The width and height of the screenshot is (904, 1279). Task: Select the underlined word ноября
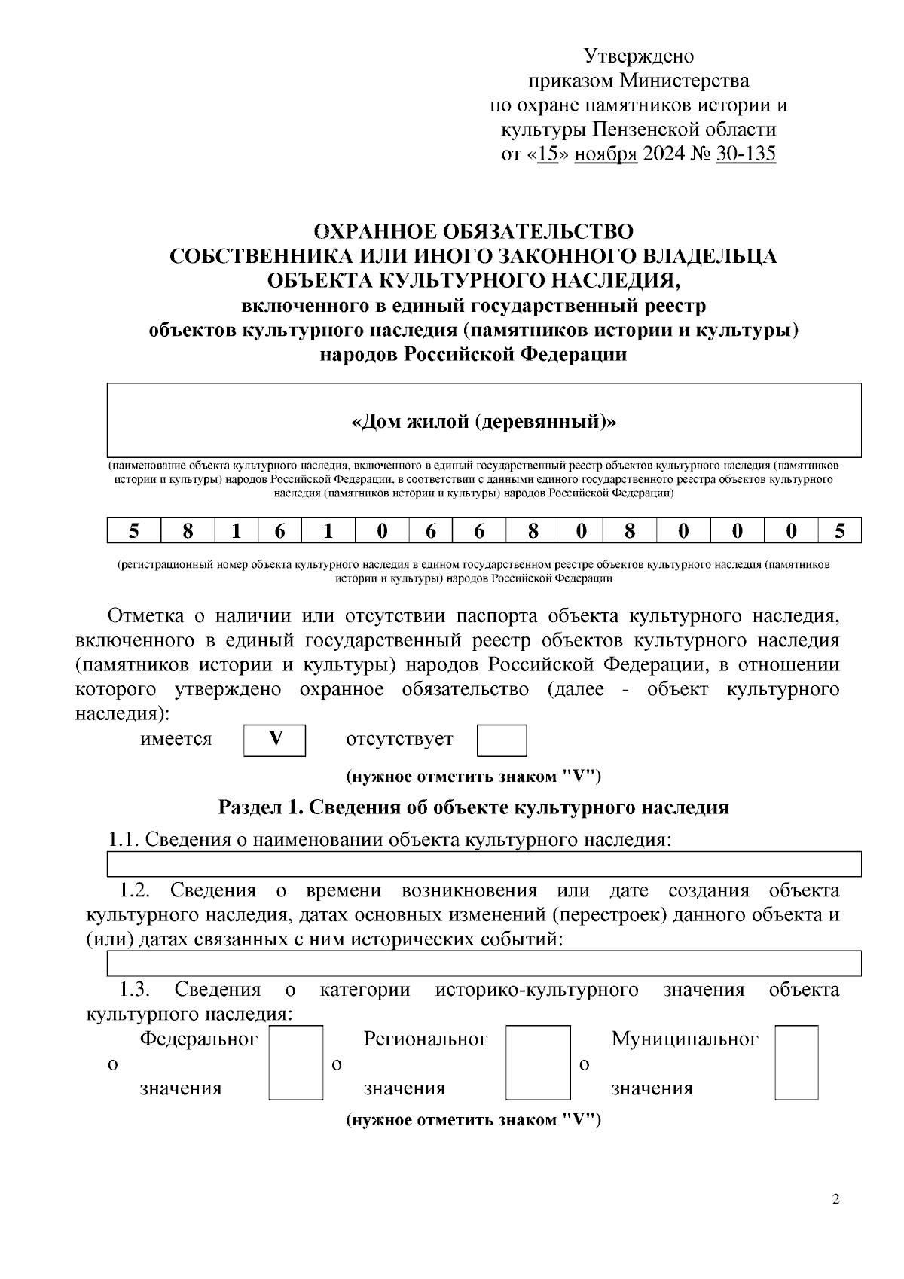tap(606, 154)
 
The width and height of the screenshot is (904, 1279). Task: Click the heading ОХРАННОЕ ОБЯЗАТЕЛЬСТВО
tap(473, 231)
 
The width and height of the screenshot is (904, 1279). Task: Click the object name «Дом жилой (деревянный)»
tap(484, 422)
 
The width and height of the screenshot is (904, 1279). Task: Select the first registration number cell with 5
tap(133, 531)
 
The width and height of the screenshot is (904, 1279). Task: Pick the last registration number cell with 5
tap(840, 531)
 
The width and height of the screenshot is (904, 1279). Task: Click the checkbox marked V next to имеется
tap(275, 740)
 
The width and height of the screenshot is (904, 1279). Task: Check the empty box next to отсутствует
tap(502, 740)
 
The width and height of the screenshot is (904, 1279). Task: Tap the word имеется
tap(176, 739)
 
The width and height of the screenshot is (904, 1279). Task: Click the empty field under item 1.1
tap(484, 864)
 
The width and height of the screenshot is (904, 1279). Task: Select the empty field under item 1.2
tap(484, 963)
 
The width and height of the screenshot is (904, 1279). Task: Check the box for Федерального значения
tap(295, 1062)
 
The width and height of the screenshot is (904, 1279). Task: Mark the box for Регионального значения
tap(537, 1062)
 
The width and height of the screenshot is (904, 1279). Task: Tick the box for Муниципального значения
tap(796, 1062)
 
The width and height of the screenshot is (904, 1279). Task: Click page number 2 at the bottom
tap(835, 1200)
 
